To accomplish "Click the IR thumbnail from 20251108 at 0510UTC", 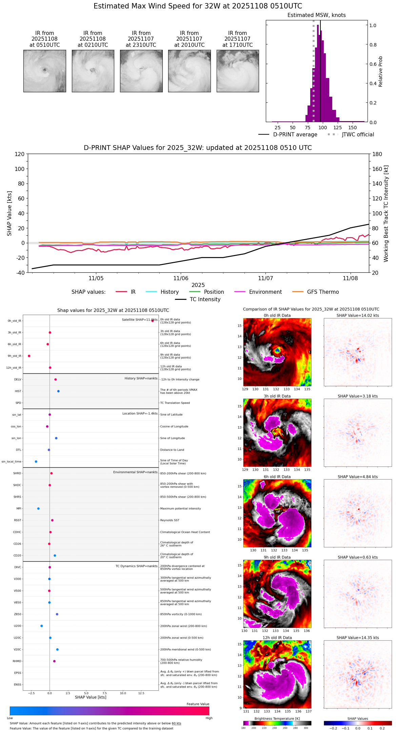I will click(x=45, y=71).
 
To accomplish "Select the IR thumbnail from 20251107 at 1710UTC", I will click(x=238, y=71).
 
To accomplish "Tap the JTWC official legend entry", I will click(x=358, y=135).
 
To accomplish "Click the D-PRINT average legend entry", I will click(x=295, y=135).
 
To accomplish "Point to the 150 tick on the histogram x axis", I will click(x=353, y=128).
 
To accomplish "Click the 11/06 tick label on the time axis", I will click(x=181, y=278).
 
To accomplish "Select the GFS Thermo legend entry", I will click(x=323, y=292).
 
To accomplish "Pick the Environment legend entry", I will click(x=265, y=292).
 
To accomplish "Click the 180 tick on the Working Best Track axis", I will click(x=377, y=154).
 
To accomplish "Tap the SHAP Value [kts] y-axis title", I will click(x=9, y=213).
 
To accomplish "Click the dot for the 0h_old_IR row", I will click(x=153, y=321).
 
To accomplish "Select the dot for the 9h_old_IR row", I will click(x=29, y=356).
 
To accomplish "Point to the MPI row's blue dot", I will click(x=38, y=508).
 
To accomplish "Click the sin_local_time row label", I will click(x=12, y=462).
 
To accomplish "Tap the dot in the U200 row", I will click(x=42, y=626).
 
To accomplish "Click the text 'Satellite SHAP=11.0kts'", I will click(x=140, y=320).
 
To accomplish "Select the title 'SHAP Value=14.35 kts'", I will click(x=358, y=638).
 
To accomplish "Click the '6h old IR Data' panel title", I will click(x=277, y=477).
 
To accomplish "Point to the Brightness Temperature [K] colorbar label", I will click(x=277, y=718).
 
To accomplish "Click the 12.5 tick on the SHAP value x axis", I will click(x=141, y=693).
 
